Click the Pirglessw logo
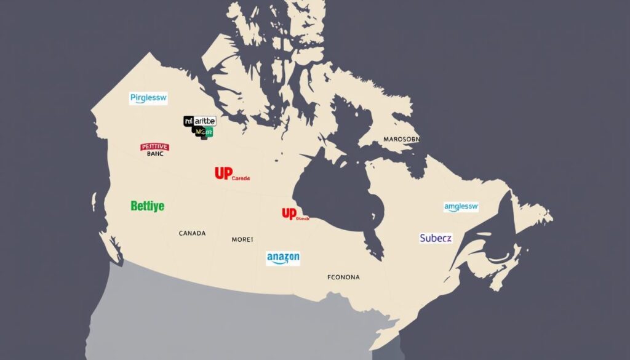pos(148,98)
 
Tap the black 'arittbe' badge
pos(200,121)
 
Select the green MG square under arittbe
pos(204,131)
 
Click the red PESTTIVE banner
pos(154,147)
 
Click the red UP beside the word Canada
pos(223,174)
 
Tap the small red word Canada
pos(241,178)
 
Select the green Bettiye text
pos(148,206)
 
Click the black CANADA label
pos(192,234)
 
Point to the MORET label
pos(242,239)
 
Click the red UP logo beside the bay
pos(289,214)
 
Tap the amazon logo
pos(283,257)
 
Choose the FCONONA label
pos(343,278)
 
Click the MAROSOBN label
pos(401,139)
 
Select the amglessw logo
pos(461,207)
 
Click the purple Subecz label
pos(436,238)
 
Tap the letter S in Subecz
pos(423,238)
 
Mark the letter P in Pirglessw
pos(133,98)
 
